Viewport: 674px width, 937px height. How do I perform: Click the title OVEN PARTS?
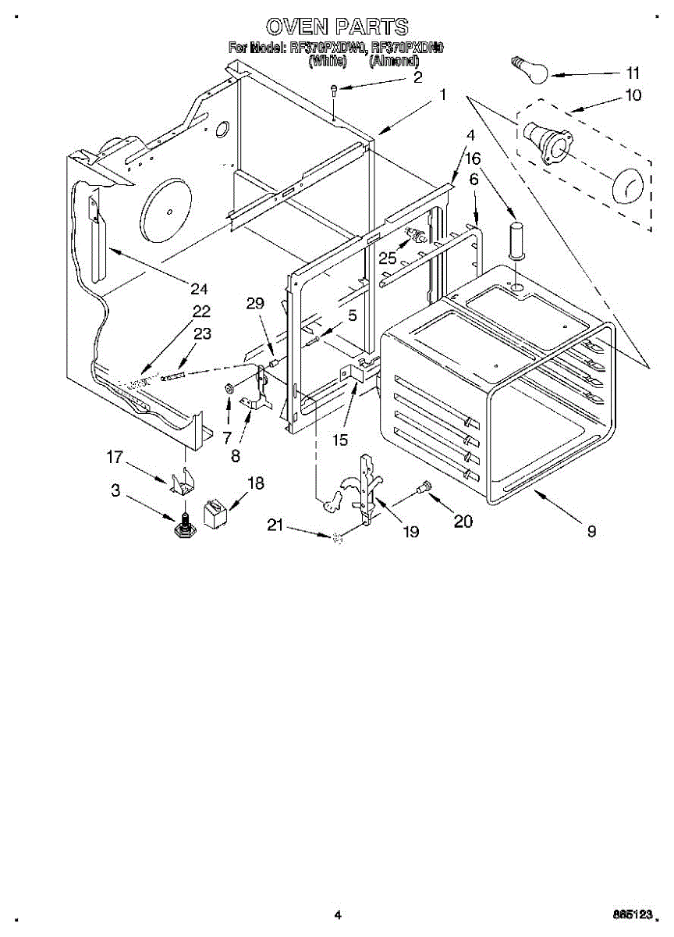(336, 27)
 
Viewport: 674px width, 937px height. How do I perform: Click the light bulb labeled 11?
(528, 68)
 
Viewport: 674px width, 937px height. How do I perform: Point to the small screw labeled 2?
(334, 89)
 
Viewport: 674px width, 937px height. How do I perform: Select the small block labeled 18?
(214, 511)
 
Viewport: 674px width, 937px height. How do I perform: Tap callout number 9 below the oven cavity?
(591, 532)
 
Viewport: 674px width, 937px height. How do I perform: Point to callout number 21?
(274, 525)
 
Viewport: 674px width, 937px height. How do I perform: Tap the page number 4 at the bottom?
(338, 914)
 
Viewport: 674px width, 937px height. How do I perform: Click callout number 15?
(339, 440)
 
